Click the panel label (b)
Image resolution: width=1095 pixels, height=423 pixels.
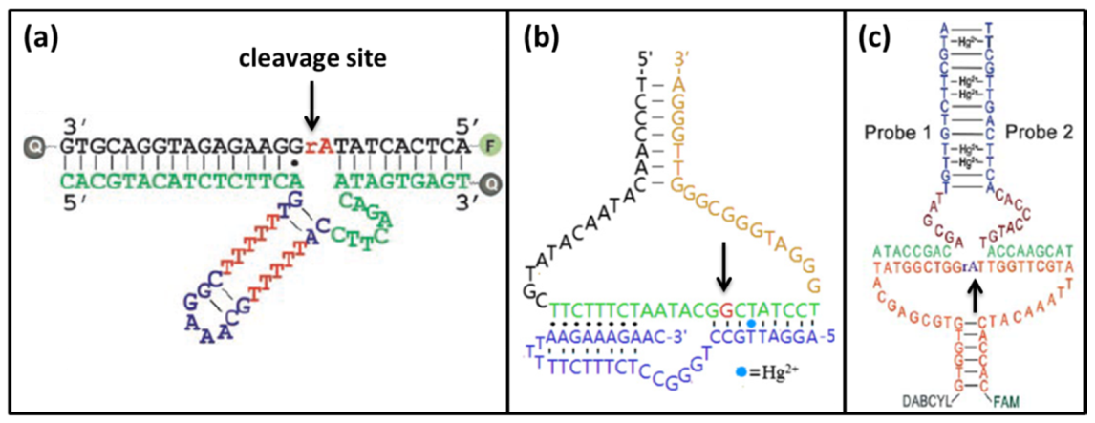[546, 42]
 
